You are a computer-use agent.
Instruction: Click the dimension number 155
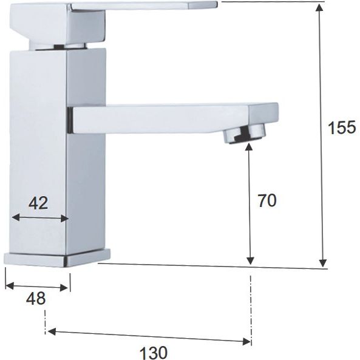342,127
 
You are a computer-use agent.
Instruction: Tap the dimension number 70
267,201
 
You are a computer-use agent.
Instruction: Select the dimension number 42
38,203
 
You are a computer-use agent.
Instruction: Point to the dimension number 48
36,299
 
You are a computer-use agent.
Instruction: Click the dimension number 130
154,353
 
